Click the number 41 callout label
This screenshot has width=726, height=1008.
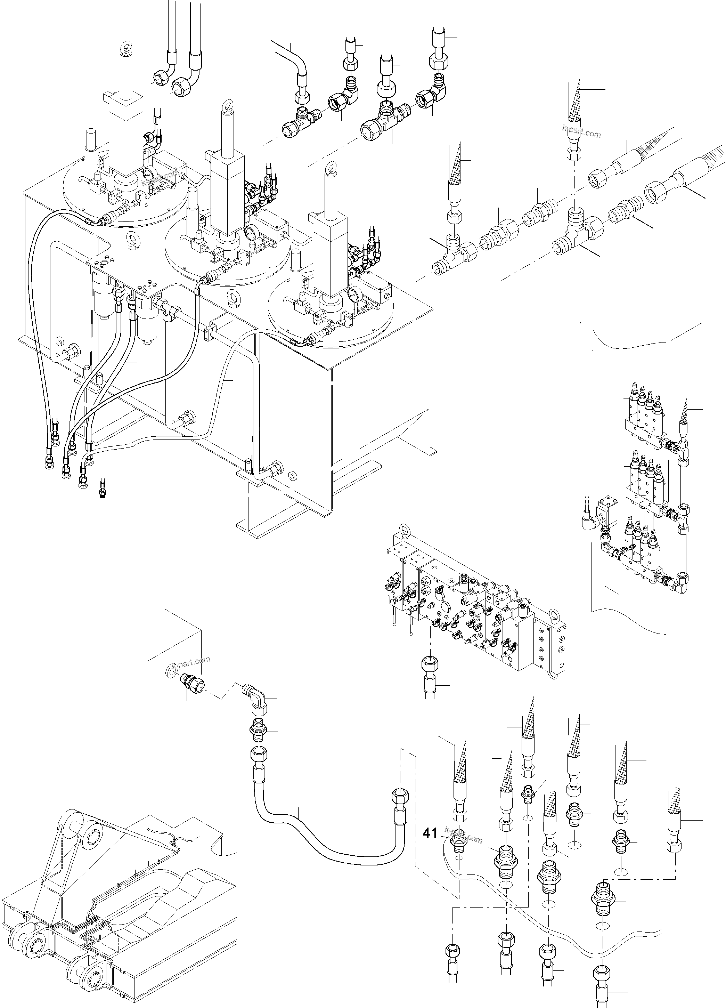430,833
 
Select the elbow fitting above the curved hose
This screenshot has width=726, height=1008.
255,696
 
